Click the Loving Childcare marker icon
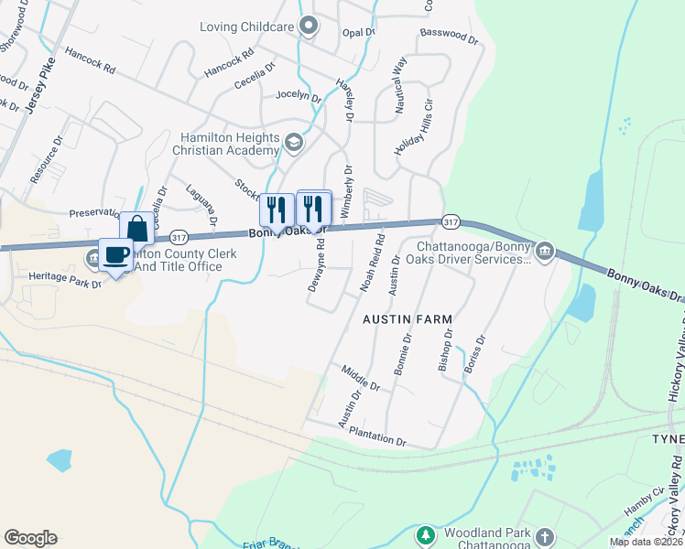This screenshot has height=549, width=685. click(x=308, y=27)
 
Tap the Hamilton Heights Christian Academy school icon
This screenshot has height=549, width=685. click(x=294, y=142)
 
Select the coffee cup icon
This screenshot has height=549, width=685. click(x=116, y=254)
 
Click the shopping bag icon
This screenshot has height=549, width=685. click(x=136, y=228)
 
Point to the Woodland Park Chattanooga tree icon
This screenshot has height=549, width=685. click(x=424, y=534)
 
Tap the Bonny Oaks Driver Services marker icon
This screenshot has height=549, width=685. click(x=544, y=251)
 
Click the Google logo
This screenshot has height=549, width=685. click(x=30, y=537)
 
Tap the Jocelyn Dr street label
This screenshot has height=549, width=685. click(x=299, y=96)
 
